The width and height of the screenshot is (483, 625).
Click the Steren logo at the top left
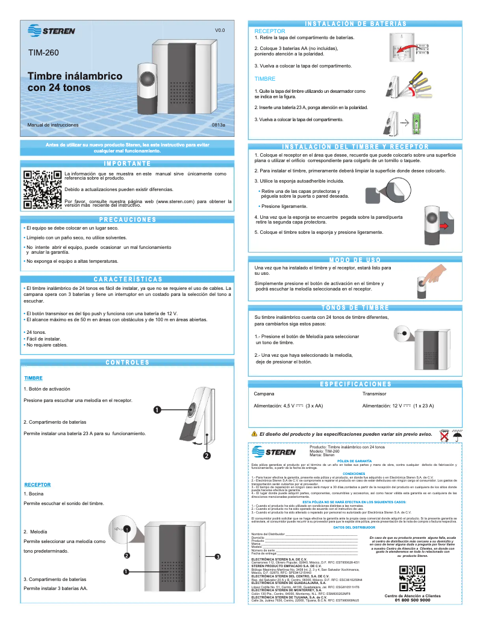click(51, 31)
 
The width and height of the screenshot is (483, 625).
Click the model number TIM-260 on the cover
click(43, 53)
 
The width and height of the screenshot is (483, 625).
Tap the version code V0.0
click(220, 30)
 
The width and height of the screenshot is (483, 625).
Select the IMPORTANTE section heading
click(127, 164)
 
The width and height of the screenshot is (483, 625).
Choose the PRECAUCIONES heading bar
click(127, 219)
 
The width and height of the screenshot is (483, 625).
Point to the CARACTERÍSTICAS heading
click(127, 280)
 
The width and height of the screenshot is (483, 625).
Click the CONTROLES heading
click(127, 363)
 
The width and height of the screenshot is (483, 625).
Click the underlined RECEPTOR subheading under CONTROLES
click(37, 485)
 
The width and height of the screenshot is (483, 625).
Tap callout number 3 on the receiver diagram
click(217, 556)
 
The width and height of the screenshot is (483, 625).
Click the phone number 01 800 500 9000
click(412, 600)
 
